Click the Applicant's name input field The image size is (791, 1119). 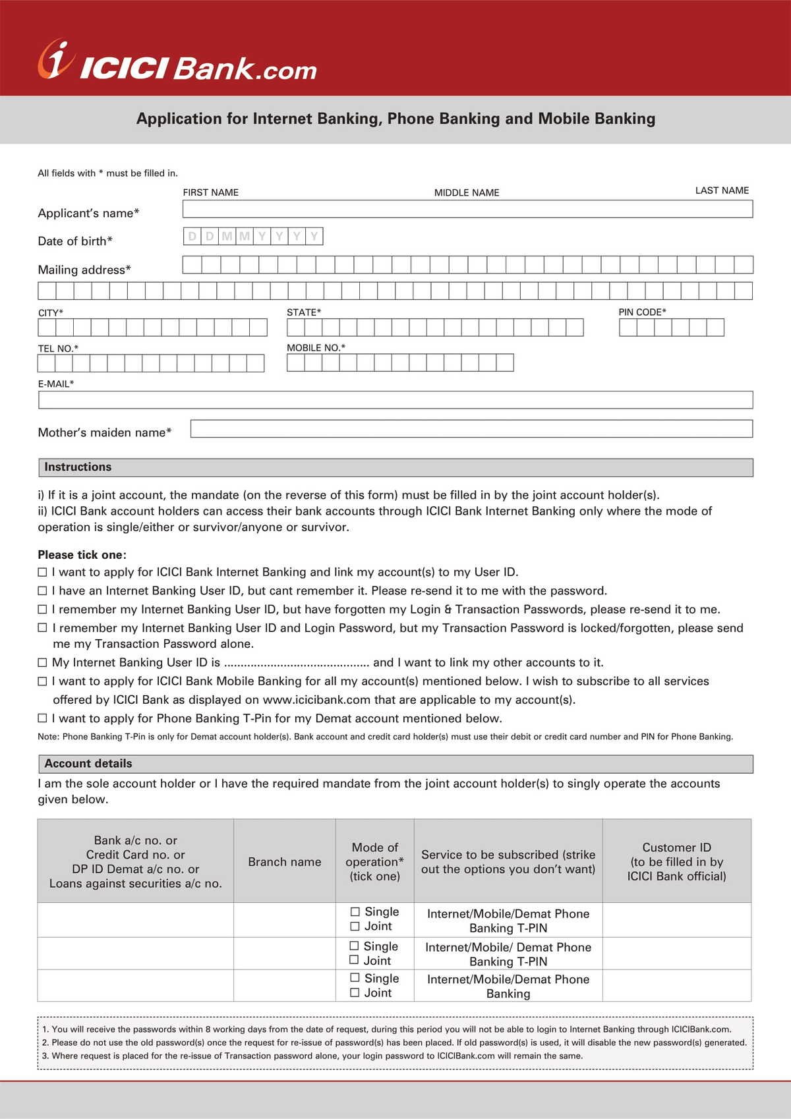[x=467, y=210]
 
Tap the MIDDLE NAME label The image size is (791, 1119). [x=466, y=192]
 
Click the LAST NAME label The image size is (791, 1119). [x=722, y=190]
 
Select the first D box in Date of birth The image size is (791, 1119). [x=192, y=236]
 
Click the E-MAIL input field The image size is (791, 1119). [x=395, y=400]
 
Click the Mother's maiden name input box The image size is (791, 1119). [x=471, y=429]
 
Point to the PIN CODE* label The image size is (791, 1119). [x=642, y=312]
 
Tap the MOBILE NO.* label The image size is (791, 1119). [x=316, y=348]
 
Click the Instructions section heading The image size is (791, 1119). [x=78, y=467]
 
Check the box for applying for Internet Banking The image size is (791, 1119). [x=42, y=573]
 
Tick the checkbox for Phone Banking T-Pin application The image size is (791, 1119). [x=42, y=718]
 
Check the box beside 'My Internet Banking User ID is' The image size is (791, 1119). [x=42, y=662]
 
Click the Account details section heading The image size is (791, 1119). [x=88, y=764]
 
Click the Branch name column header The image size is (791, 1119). [x=284, y=862]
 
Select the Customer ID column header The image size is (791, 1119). [x=676, y=862]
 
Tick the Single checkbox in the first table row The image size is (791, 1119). [x=355, y=912]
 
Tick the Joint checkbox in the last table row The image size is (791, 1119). [x=355, y=992]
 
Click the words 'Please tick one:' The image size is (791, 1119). [x=82, y=555]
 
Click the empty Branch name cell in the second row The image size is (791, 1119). [x=284, y=954]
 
